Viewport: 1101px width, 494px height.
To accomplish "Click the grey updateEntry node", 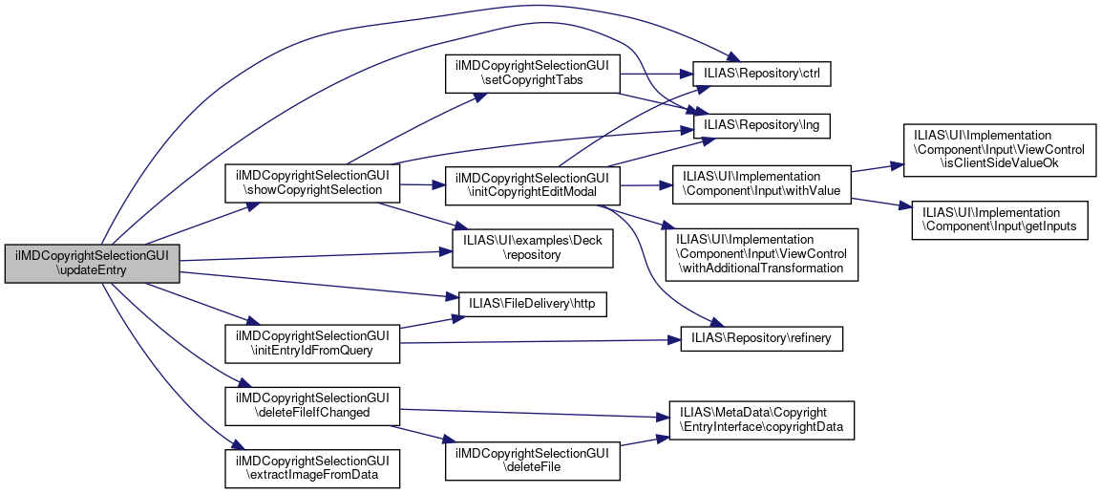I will [x=92, y=263].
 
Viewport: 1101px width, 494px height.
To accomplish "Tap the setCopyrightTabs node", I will [x=533, y=74].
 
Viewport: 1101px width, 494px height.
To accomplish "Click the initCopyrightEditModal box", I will [x=533, y=183].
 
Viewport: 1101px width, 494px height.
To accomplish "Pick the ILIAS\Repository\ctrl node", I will [x=754, y=73].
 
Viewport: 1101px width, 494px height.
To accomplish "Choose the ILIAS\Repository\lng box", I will [x=754, y=124].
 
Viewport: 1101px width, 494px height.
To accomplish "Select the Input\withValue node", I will [x=761, y=183].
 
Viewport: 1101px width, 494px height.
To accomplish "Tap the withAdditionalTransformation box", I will [x=761, y=253].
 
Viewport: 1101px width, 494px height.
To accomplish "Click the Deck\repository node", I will [x=533, y=247].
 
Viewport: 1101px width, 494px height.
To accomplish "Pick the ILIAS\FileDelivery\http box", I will [x=533, y=302].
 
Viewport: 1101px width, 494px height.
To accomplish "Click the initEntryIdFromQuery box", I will [x=310, y=343].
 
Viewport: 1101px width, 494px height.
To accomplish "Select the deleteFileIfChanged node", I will [x=310, y=405].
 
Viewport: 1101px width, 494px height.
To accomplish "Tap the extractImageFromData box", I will [x=310, y=467].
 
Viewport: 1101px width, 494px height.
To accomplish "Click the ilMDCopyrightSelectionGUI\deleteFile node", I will [x=533, y=460].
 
